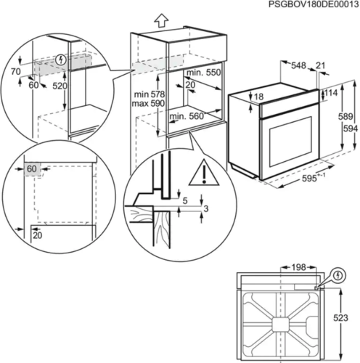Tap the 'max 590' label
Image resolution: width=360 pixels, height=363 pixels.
pyautogui.click(x=150, y=105)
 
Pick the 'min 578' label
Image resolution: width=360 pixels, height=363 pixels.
pyautogui.click(x=150, y=94)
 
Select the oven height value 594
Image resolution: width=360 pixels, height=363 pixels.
pyautogui.click(x=349, y=128)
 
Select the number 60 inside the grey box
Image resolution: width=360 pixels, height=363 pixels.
pyautogui.click(x=31, y=168)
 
